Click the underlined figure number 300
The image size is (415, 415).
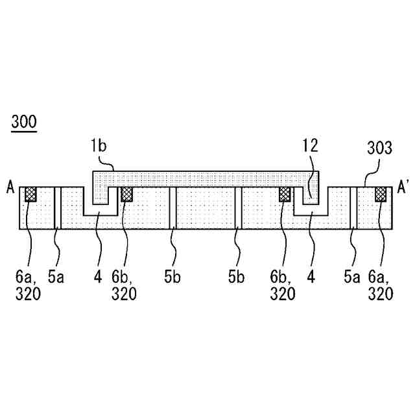[24, 121]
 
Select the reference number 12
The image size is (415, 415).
[311, 146]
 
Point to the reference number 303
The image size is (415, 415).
[379, 148]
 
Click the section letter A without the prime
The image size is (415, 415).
[10, 188]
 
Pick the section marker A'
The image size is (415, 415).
[403, 188]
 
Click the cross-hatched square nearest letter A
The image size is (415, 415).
[30, 194]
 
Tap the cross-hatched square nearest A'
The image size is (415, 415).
[381, 194]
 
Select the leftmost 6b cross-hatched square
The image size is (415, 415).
[127, 194]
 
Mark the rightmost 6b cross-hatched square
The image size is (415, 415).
[285, 194]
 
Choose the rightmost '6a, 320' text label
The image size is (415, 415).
[381, 286]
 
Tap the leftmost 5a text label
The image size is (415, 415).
[57, 278]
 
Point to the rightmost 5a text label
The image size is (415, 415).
[352, 278]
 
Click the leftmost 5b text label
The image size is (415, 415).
[172, 278]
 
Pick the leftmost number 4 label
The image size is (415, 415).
[98, 278]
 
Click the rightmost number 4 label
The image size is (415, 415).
[311, 278]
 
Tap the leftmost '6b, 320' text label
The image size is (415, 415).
[124, 286]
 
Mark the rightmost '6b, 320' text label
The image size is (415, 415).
[283, 286]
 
